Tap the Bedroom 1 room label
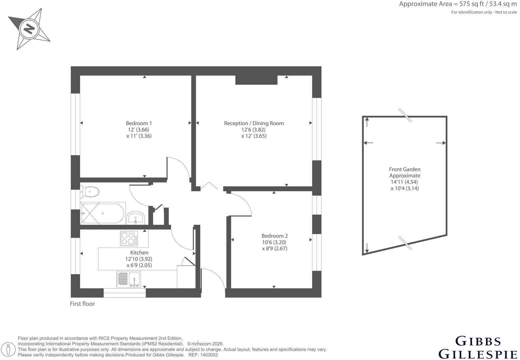click(139, 123)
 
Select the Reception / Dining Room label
click(254, 123)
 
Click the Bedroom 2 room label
click(275, 236)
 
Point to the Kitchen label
click(139, 253)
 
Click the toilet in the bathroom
click(90, 192)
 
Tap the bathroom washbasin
click(135, 218)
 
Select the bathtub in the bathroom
click(102, 213)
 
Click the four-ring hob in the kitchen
click(129, 238)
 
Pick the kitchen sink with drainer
click(129, 279)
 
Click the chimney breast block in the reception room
click(256, 80)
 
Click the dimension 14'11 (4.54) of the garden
click(405, 182)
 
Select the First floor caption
click(82, 304)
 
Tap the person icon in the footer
click(9, 349)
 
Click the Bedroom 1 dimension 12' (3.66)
click(139, 130)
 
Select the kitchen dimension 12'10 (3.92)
click(139, 259)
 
